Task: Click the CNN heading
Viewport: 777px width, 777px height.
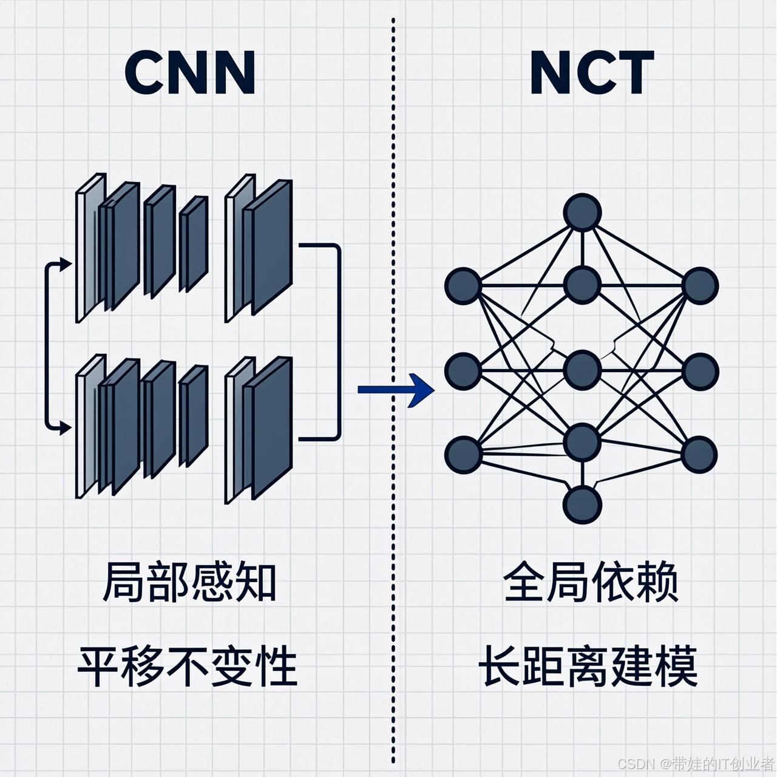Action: pyautogui.click(x=190, y=72)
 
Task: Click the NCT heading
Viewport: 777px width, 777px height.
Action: pyautogui.click(x=592, y=72)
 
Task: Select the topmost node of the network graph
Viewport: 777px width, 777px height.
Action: pyautogui.click(x=582, y=212)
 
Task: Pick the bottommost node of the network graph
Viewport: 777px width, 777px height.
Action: pyautogui.click(x=582, y=504)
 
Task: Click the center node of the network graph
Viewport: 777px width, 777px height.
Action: pyautogui.click(x=582, y=370)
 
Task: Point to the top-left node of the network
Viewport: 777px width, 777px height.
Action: pyautogui.click(x=463, y=286)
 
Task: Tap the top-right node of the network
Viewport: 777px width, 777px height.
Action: pyautogui.click(x=700, y=286)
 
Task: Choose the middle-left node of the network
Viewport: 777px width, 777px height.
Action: pyautogui.click(x=463, y=371)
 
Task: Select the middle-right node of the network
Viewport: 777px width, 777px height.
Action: pyautogui.click(x=700, y=371)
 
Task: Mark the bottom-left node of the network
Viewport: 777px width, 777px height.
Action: pyautogui.click(x=463, y=455)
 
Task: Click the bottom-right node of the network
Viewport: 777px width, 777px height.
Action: pyautogui.click(x=700, y=455)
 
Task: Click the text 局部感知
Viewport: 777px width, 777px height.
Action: pyautogui.click(x=190, y=583)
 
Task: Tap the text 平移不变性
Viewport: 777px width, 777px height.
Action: pyautogui.click(x=188, y=667)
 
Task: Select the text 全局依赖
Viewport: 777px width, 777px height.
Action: pyautogui.click(x=591, y=583)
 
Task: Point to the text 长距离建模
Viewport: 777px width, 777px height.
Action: pyautogui.click(x=588, y=667)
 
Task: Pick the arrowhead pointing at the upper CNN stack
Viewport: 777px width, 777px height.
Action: pyautogui.click(x=66, y=263)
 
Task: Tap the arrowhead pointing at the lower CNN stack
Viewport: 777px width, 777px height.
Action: pyautogui.click(x=66, y=428)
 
